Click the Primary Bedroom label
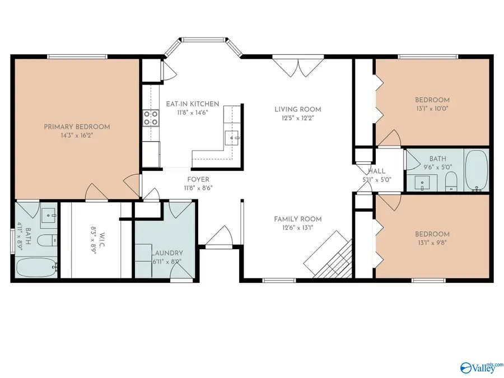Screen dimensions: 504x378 pyautogui.click(x=77, y=127)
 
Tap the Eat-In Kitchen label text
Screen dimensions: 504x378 pyautogui.click(x=193, y=104)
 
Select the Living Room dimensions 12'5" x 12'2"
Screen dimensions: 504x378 pyautogui.click(x=298, y=118)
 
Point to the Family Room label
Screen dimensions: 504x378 pyautogui.click(x=298, y=219)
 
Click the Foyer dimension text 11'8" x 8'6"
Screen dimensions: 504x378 pyautogui.click(x=198, y=188)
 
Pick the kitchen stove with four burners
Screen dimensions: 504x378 pyautogui.click(x=151, y=118)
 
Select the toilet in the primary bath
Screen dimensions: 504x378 pyautogui.click(x=46, y=240)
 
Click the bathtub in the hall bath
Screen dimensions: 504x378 pyautogui.click(x=476, y=170)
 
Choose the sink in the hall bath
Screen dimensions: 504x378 pyautogui.click(x=422, y=183)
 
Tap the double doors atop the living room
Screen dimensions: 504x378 pyautogui.click(x=298, y=66)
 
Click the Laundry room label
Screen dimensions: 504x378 pyautogui.click(x=167, y=253)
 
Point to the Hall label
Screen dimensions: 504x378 pyautogui.click(x=377, y=171)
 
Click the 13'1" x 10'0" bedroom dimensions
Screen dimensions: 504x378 pyautogui.click(x=432, y=109)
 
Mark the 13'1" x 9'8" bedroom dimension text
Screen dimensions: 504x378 pyautogui.click(x=432, y=242)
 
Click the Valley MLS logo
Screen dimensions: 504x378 pyautogui.click(x=482, y=367)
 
